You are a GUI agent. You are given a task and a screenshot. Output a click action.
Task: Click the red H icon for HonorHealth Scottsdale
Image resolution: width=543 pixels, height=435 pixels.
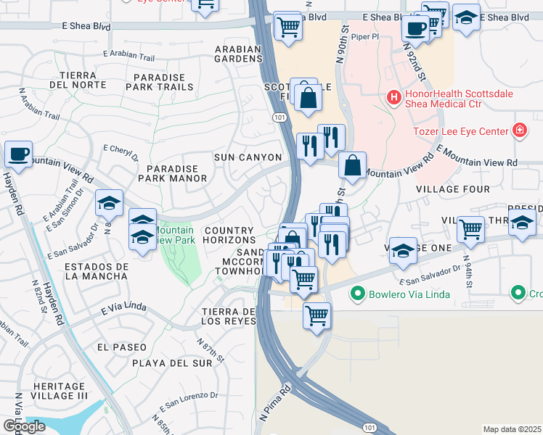tap(394, 96)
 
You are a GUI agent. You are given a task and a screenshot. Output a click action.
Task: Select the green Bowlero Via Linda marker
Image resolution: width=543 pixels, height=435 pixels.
tap(356, 294)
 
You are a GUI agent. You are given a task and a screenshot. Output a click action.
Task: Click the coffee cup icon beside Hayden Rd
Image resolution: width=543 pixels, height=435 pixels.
tap(18, 154)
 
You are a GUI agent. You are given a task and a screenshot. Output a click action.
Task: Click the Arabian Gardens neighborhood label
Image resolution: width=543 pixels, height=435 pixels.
tap(237, 54)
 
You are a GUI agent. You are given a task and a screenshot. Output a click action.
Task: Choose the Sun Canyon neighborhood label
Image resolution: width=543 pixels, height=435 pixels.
tap(248, 157)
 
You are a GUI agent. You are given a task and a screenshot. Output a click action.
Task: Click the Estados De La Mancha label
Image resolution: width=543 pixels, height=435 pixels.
tap(97, 271)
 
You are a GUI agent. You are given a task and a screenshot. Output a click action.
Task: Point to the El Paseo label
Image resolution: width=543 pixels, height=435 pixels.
tap(121, 347)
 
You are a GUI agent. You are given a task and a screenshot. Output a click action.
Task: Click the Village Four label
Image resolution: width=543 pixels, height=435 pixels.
tap(447, 189)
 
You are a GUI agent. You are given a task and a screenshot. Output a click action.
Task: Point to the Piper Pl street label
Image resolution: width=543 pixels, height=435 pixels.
tap(365, 36)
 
